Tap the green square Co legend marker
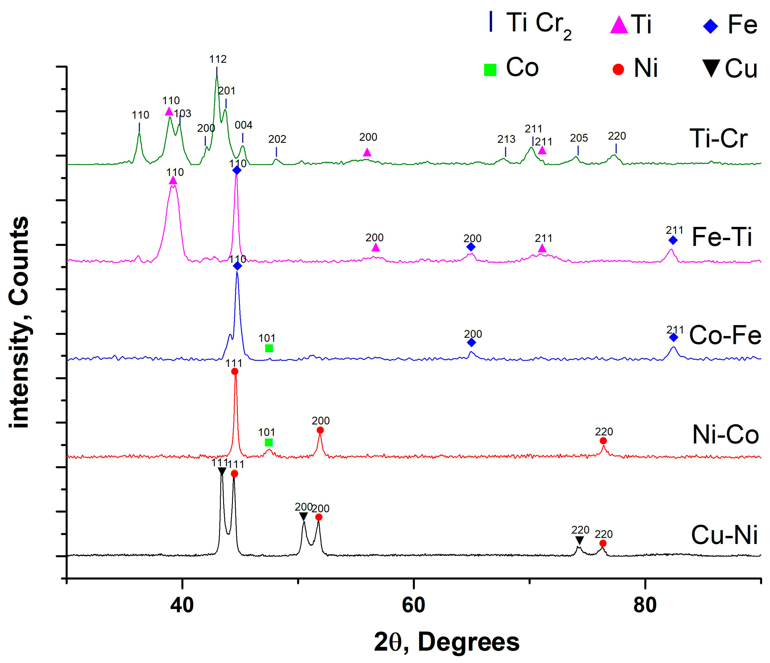pyautogui.click(x=490, y=70)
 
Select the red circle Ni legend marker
pyautogui.click(x=618, y=69)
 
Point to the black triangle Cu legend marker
pyautogui.click(x=712, y=68)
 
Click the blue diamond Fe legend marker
pyautogui.click(x=711, y=26)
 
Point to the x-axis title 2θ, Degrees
pyautogui.click(x=446, y=642)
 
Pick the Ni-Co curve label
pyautogui.click(x=725, y=434)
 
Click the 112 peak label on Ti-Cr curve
pyautogui.click(x=218, y=59)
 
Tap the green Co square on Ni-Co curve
pyautogui.click(x=269, y=442)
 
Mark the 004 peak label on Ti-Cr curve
pyautogui.click(x=243, y=125)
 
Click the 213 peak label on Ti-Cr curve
pyautogui.click(x=506, y=139)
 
